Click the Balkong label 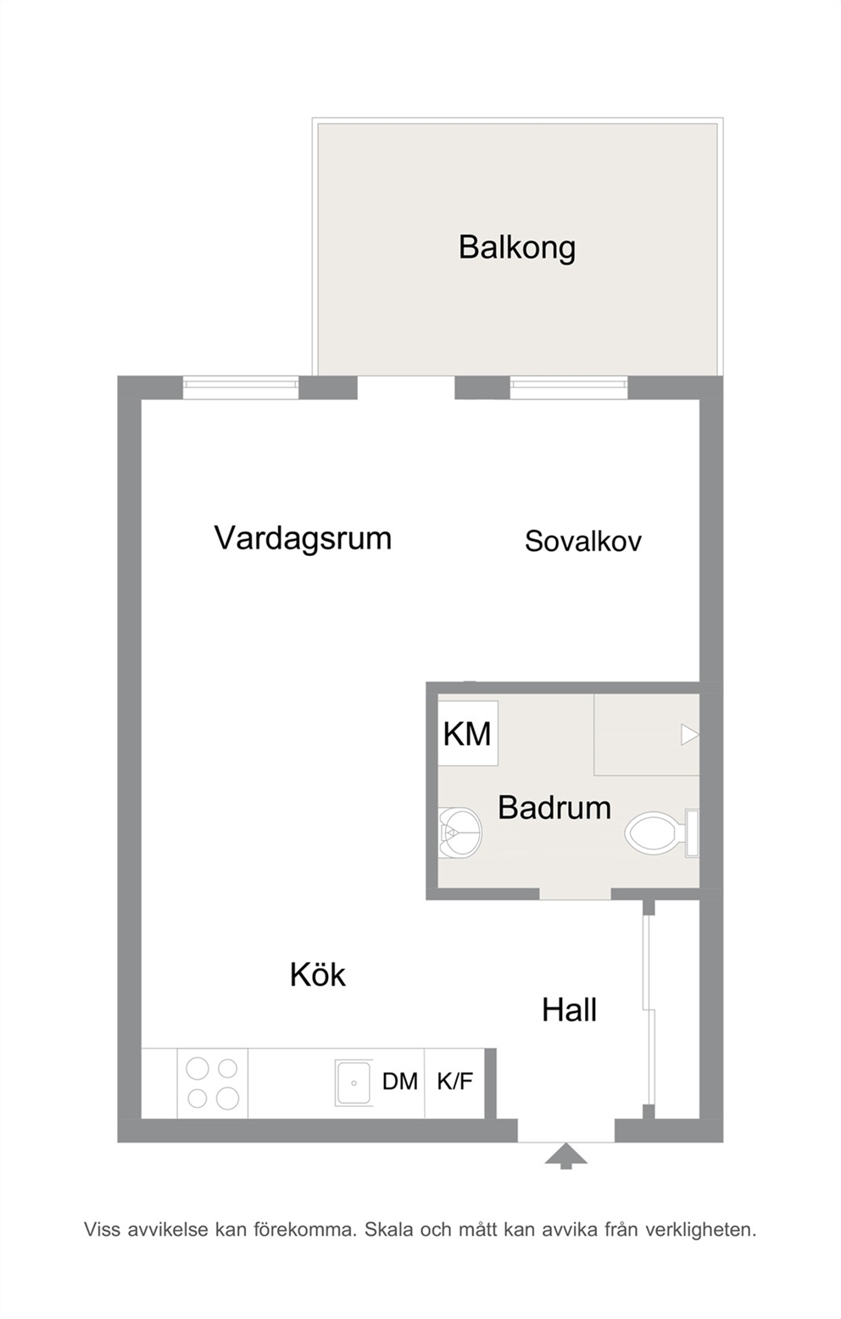tap(517, 248)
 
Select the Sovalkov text tap(583, 541)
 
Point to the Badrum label tap(554, 807)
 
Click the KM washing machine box tap(468, 733)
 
